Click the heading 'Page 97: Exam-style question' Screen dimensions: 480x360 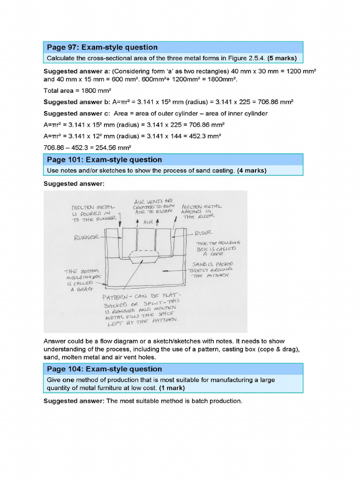(x=102, y=47)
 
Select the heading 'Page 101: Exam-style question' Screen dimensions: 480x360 (x=104, y=159)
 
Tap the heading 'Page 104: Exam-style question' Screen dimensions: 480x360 (x=104, y=369)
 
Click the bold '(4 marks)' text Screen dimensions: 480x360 (x=252, y=171)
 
